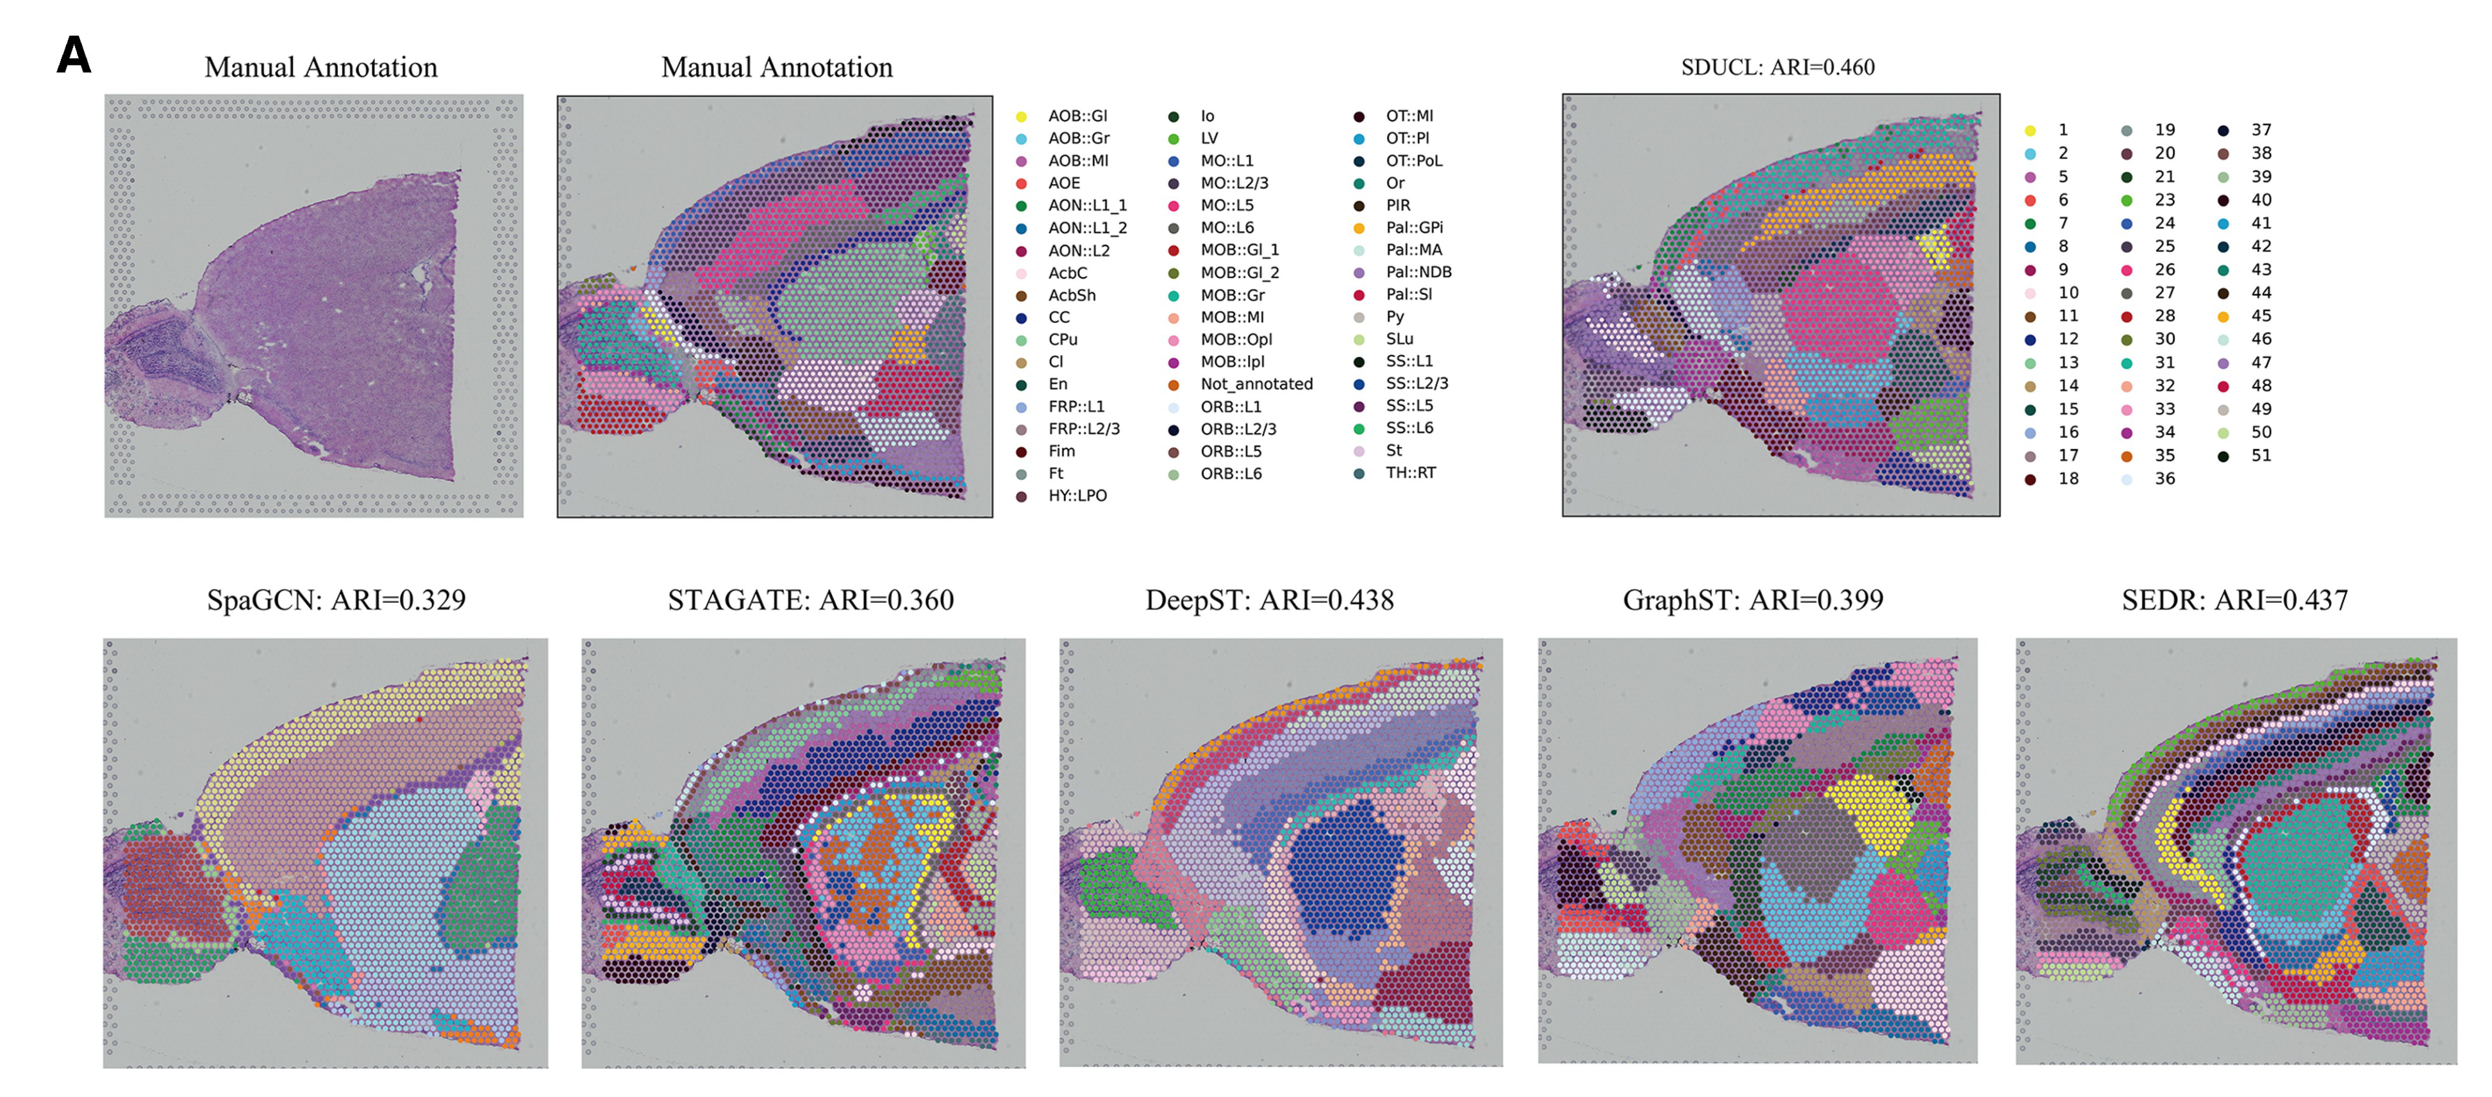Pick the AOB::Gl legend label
1077,116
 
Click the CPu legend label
1062,340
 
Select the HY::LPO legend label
1077,495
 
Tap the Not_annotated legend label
1256,384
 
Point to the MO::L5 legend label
1227,205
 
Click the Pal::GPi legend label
1413,227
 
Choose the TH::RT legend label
1411,472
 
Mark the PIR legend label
1398,205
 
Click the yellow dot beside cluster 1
2030,131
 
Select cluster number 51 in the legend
2261,456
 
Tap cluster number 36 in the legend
2164,479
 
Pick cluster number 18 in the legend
2067,479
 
